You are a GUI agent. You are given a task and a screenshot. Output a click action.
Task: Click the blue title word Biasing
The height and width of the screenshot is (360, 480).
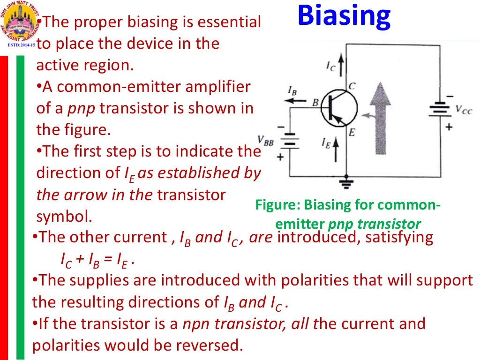(x=344, y=17)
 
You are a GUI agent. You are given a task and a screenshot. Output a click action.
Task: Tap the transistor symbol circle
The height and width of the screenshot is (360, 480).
(x=339, y=108)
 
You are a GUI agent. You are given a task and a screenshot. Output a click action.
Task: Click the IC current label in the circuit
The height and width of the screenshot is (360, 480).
(x=331, y=67)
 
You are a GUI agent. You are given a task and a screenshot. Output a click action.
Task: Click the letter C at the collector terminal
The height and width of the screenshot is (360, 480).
(x=352, y=86)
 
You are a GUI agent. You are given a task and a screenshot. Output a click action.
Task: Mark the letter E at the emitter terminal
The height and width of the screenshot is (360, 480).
(x=352, y=133)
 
